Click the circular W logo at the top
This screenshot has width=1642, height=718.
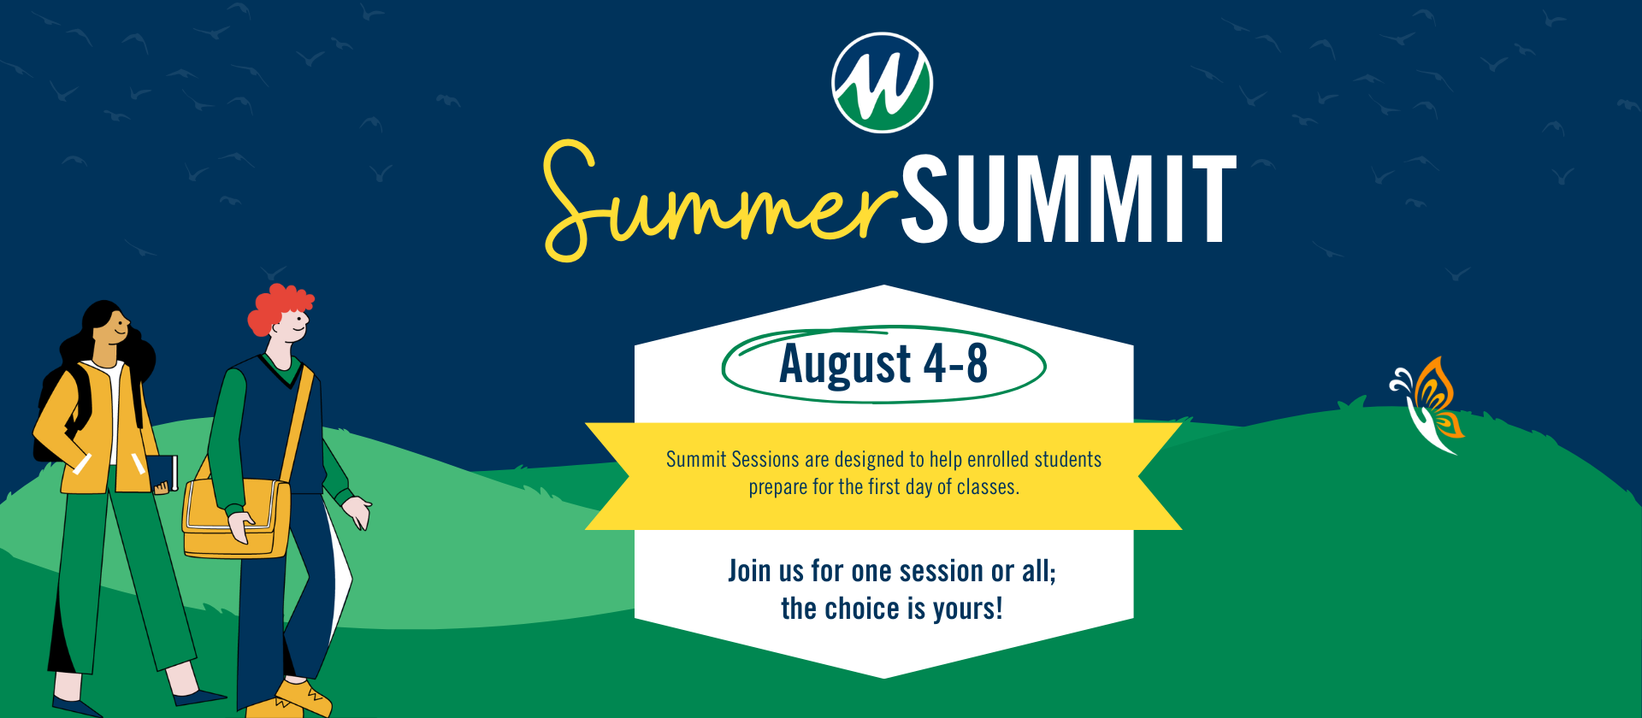pyautogui.click(x=882, y=83)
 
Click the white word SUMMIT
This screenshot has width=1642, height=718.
pyautogui.click(x=1069, y=200)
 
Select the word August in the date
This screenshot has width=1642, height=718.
pyautogui.click(x=845, y=364)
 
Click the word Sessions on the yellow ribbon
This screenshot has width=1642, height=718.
pyautogui.click(x=765, y=460)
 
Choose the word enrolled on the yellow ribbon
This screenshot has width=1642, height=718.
pyautogui.click(x=999, y=460)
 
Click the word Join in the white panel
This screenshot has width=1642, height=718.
pyautogui.click(x=750, y=570)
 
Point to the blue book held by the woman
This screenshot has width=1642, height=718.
pyautogui.click(x=162, y=473)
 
